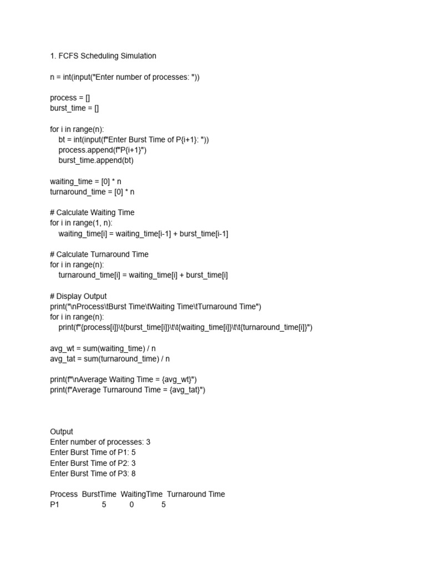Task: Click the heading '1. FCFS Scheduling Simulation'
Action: point(103,56)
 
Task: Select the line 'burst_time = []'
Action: point(74,108)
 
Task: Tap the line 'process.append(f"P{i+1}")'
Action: point(103,150)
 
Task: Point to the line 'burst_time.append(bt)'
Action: point(96,160)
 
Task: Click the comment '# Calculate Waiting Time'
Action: point(92,212)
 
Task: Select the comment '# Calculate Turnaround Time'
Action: point(99,254)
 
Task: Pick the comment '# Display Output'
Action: point(78,296)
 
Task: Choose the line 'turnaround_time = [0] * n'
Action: point(92,192)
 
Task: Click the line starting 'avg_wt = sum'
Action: point(103,348)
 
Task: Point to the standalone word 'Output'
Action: point(62,432)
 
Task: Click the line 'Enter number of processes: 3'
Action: point(100,442)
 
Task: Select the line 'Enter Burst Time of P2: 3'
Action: point(93,463)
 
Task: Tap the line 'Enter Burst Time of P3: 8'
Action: point(93,473)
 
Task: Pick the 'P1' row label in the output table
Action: point(54,505)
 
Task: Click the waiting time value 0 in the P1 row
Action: point(132,505)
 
